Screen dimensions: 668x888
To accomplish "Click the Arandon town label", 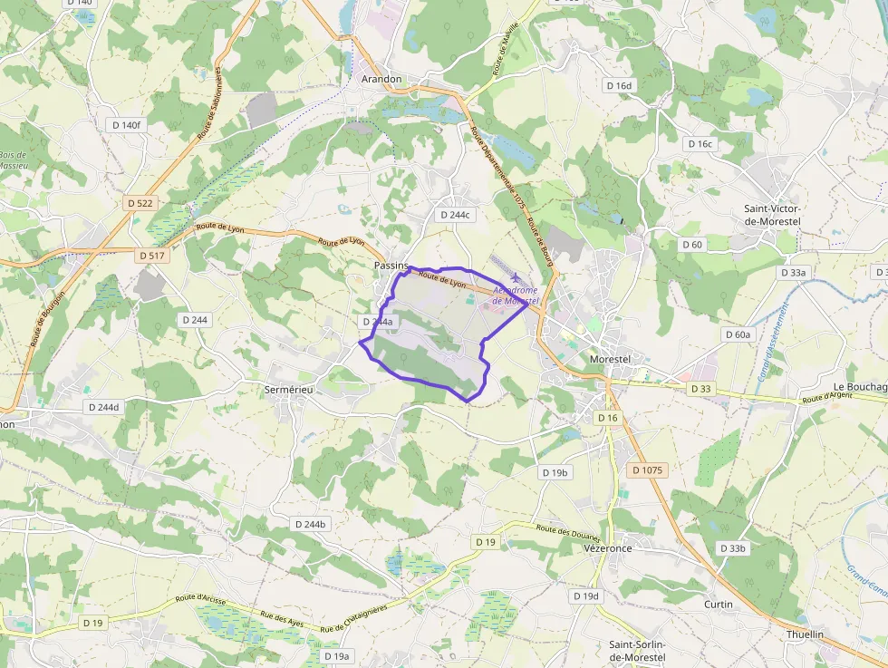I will click(x=381, y=79).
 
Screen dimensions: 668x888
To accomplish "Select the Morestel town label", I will click(x=609, y=359).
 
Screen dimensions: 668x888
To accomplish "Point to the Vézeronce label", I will click(x=607, y=548).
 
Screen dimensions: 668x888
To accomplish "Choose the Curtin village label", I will click(x=719, y=604).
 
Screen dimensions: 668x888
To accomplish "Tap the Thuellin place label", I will click(x=806, y=634).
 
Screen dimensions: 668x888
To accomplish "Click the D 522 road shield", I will click(x=140, y=203).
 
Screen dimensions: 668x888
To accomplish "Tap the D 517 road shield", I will click(x=153, y=256).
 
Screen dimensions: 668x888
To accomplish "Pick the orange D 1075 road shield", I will click(x=648, y=470).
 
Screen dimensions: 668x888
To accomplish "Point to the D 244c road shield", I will click(x=455, y=215).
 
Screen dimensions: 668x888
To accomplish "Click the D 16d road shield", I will click(x=619, y=85).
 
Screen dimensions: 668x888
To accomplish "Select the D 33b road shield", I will click(x=732, y=548).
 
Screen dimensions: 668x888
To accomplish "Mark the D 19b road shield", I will click(x=555, y=472).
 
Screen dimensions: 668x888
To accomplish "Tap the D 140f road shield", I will click(x=127, y=125).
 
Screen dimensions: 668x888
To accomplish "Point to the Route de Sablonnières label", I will click(x=210, y=103).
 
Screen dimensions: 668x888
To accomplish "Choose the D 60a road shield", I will click(x=738, y=334).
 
